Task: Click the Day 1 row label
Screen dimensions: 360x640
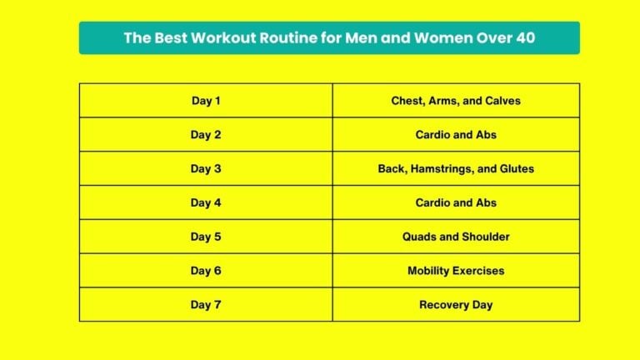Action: [206, 101]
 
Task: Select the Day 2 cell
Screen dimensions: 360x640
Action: [206, 135]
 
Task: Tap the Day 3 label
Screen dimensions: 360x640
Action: [206, 169]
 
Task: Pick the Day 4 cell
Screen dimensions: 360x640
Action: [206, 202]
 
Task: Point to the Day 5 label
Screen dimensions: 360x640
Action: [206, 237]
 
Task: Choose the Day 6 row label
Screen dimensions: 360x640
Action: [206, 271]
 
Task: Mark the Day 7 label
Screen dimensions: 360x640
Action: [206, 305]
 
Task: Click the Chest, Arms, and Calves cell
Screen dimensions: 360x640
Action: [456, 101]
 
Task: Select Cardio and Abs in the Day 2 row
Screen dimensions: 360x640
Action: [456, 135]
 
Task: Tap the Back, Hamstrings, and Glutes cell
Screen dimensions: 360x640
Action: [456, 169]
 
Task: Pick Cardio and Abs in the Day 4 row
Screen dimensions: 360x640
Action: [456, 202]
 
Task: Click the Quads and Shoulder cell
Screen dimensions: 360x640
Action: [456, 237]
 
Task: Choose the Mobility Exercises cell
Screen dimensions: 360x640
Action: [456, 271]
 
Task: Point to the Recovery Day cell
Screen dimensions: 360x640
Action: [456, 305]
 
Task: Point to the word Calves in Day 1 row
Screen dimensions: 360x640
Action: [503, 101]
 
